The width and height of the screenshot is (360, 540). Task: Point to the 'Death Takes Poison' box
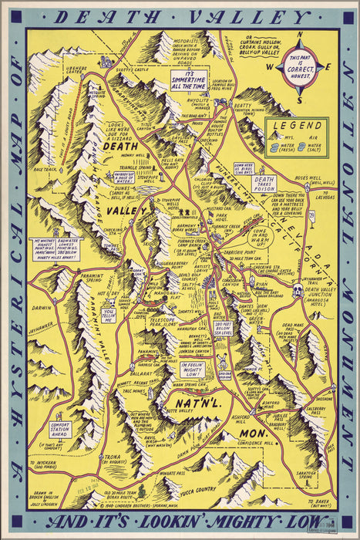264,183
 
